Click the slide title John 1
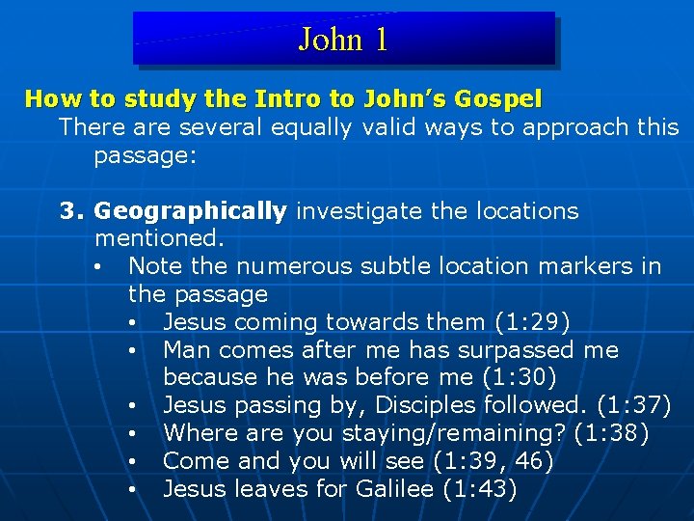(343, 40)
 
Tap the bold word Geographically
(191, 211)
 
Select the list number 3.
(71, 211)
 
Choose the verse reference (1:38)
(611, 433)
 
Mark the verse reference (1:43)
(479, 489)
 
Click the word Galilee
(395, 489)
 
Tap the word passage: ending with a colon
(146, 155)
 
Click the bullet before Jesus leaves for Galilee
(131, 490)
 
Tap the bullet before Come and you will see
(131, 462)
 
